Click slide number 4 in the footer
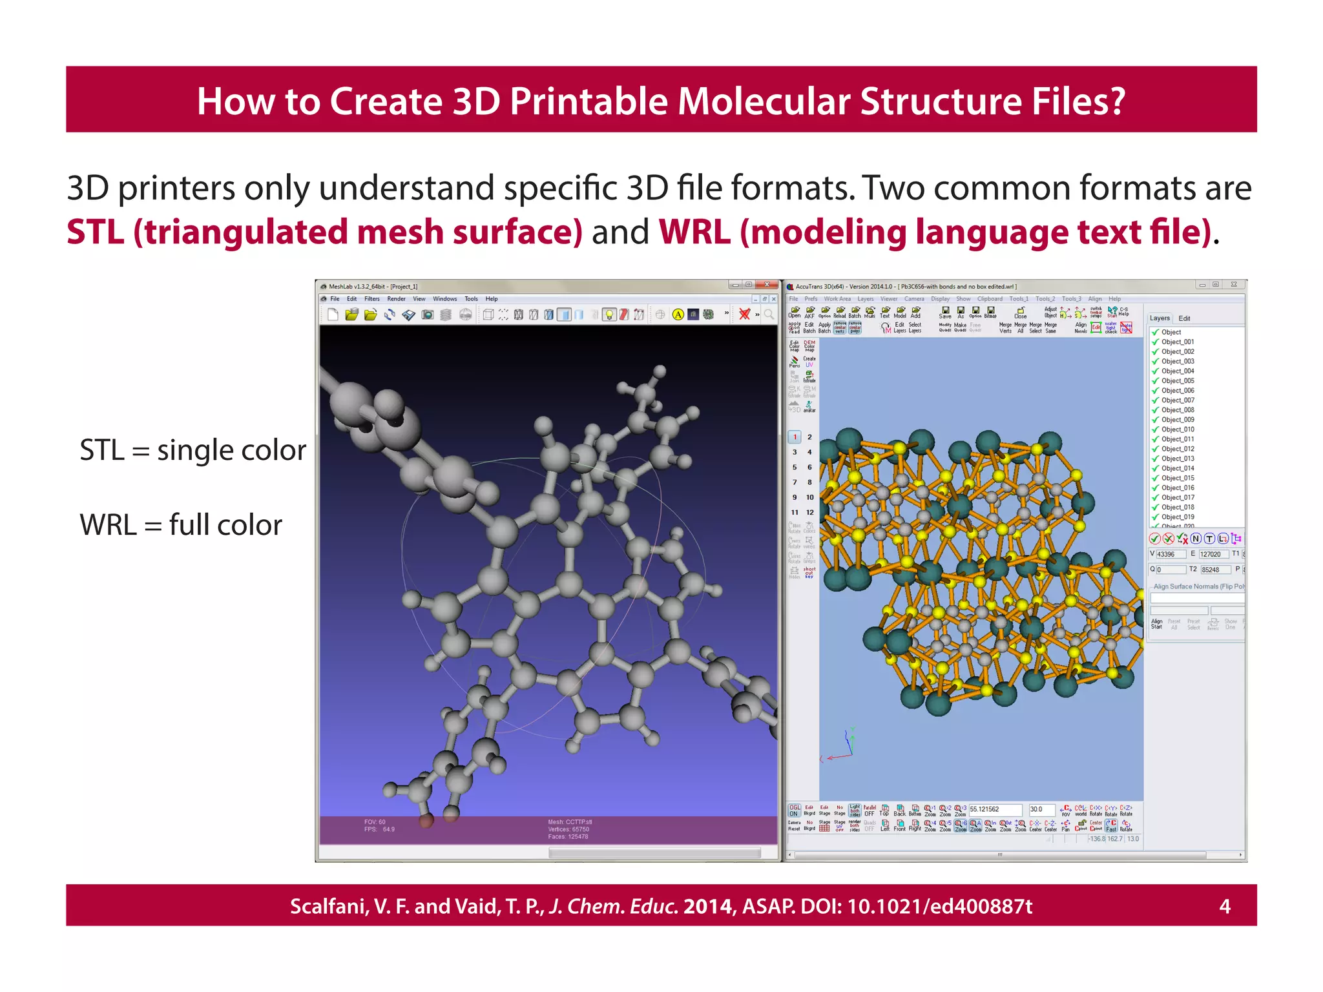[x=1224, y=906]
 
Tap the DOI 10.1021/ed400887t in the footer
[x=939, y=906]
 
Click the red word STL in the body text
[x=95, y=232]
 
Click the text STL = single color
[x=193, y=450]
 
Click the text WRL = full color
[x=181, y=525]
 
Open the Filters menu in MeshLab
[x=372, y=299]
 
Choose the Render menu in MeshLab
[x=396, y=299]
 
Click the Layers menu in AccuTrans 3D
[x=866, y=299]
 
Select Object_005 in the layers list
[x=1177, y=381]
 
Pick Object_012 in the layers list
[x=1177, y=449]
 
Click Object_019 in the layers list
[x=1177, y=517]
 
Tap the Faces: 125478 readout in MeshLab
[x=568, y=837]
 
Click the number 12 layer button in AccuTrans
[x=809, y=512]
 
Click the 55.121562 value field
[x=995, y=809]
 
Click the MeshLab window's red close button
[x=767, y=285]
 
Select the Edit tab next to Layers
[x=1184, y=318]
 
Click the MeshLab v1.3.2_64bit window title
[x=373, y=287]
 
